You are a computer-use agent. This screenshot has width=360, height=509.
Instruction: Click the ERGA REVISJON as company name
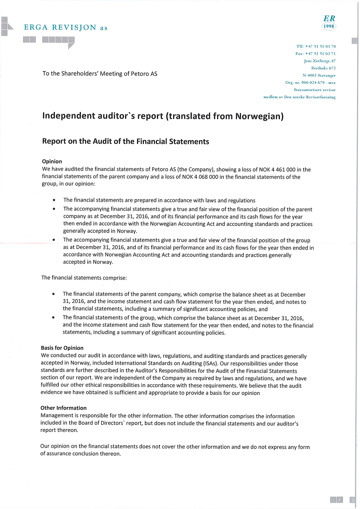click(x=65, y=28)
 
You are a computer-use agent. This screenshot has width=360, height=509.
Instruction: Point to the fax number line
click(x=315, y=54)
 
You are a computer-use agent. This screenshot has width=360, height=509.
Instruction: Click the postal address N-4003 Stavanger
click(x=319, y=76)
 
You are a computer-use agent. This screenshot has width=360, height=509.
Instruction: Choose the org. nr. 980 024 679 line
click(x=310, y=83)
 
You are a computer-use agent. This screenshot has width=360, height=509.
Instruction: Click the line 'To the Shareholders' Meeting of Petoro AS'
click(x=100, y=74)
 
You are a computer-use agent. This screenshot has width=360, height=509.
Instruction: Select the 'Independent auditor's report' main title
click(x=163, y=116)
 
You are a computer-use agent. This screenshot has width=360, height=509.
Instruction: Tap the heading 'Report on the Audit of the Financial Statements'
click(x=125, y=142)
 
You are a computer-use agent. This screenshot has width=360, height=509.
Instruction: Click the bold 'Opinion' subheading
click(x=52, y=161)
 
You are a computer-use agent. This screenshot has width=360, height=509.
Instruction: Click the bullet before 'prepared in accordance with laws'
click(x=54, y=200)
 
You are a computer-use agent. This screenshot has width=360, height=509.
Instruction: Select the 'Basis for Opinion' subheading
click(x=62, y=348)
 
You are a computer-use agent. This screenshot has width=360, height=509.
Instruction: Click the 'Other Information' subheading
click(x=63, y=408)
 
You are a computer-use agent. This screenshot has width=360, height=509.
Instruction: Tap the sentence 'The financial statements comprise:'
click(x=84, y=278)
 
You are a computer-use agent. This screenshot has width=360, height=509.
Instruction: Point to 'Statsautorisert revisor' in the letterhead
click(x=314, y=90)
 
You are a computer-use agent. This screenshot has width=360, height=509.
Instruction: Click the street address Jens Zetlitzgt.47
click(x=319, y=61)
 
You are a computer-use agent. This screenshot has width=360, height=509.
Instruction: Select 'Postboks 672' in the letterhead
click(x=323, y=68)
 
